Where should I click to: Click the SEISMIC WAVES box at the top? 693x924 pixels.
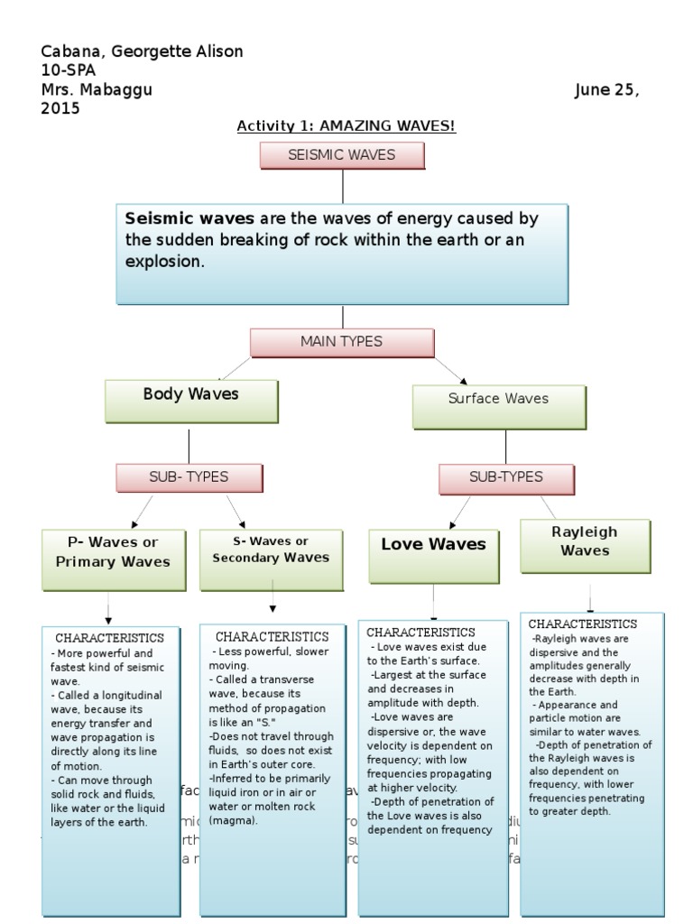pyautogui.click(x=342, y=155)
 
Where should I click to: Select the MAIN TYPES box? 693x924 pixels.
pyautogui.click(x=342, y=342)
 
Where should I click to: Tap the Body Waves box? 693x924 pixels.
pyautogui.click(x=191, y=401)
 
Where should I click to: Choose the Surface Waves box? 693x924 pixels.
pyautogui.click(x=499, y=406)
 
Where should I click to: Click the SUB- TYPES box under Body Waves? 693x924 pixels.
pyautogui.click(x=189, y=477)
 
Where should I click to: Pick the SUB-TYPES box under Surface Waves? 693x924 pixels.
pyautogui.click(x=506, y=478)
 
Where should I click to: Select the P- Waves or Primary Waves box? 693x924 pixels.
pyautogui.click(x=113, y=559)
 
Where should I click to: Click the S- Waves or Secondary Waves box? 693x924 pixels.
pyautogui.click(x=272, y=558)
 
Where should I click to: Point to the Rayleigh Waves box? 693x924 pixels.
pyautogui.click(x=585, y=545)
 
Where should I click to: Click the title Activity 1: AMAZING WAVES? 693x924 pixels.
pyautogui.click(x=346, y=126)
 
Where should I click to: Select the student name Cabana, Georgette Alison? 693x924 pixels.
pyautogui.click(x=143, y=51)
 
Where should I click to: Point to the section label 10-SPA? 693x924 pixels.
pyautogui.click(x=69, y=70)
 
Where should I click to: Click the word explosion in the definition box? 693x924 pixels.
pyautogui.click(x=165, y=263)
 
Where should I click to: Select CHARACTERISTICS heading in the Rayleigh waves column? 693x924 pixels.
pyautogui.click(x=583, y=624)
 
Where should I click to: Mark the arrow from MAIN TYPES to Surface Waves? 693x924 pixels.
pyautogui.click(x=451, y=370)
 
